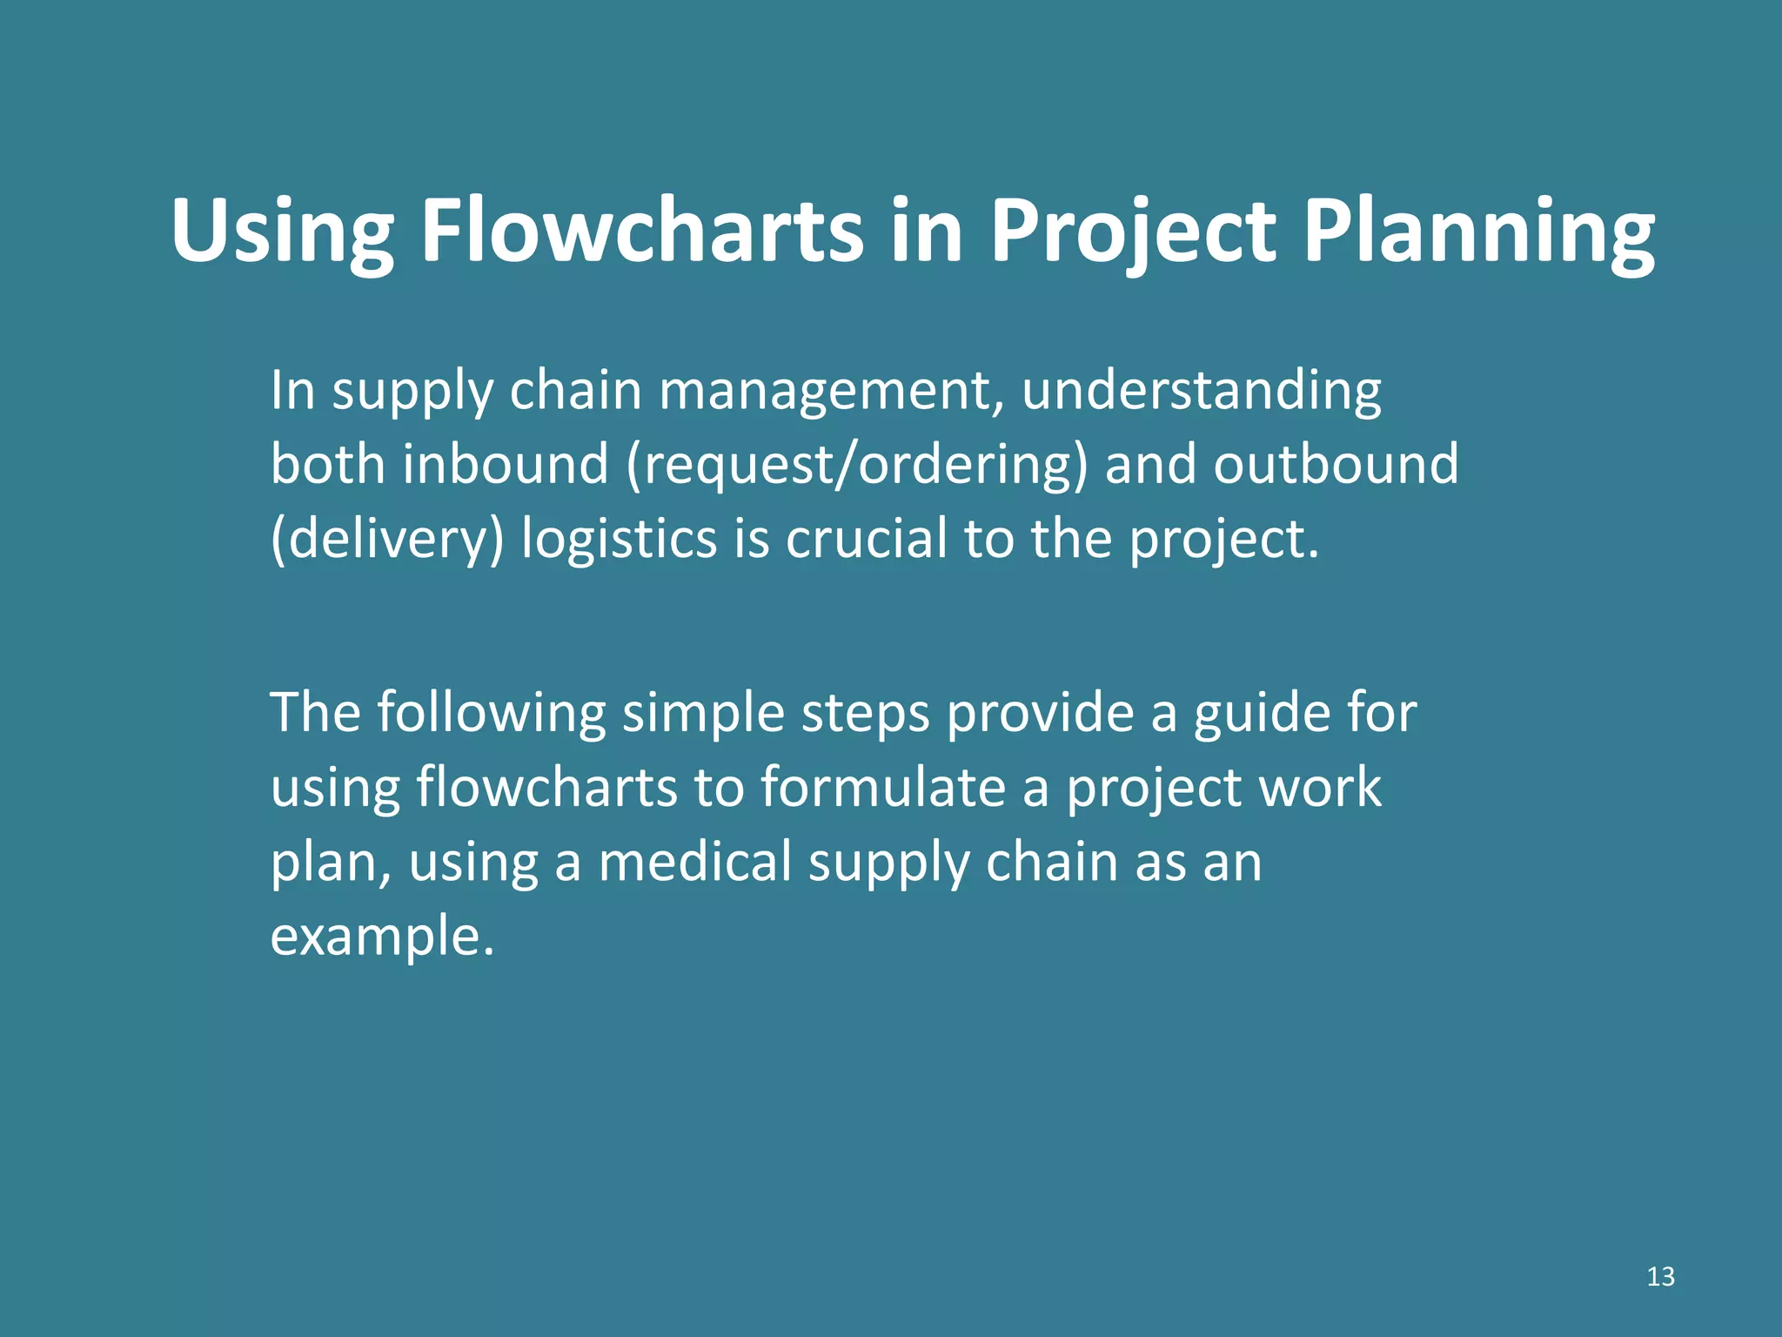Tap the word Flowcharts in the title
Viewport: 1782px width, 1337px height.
click(x=642, y=231)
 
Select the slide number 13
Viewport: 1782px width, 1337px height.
click(x=1660, y=1276)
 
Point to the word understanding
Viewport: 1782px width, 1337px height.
click(x=1201, y=391)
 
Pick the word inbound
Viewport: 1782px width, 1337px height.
click(x=505, y=464)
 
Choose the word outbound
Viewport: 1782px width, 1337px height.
click(x=1336, y=464)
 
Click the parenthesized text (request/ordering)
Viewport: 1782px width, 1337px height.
click(x=856, y=464)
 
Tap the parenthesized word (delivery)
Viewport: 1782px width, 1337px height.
click(x=387, y=539)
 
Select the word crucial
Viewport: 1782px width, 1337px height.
click(x=866, y=539)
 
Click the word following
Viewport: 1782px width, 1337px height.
click(x=491, y=713)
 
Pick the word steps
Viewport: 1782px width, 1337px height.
click(x=865, y=713)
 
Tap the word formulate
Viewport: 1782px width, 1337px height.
click(x=882, y=787)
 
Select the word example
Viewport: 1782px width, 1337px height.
click(x=382, y=937)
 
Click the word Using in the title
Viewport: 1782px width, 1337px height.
click(x=282, y=231)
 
